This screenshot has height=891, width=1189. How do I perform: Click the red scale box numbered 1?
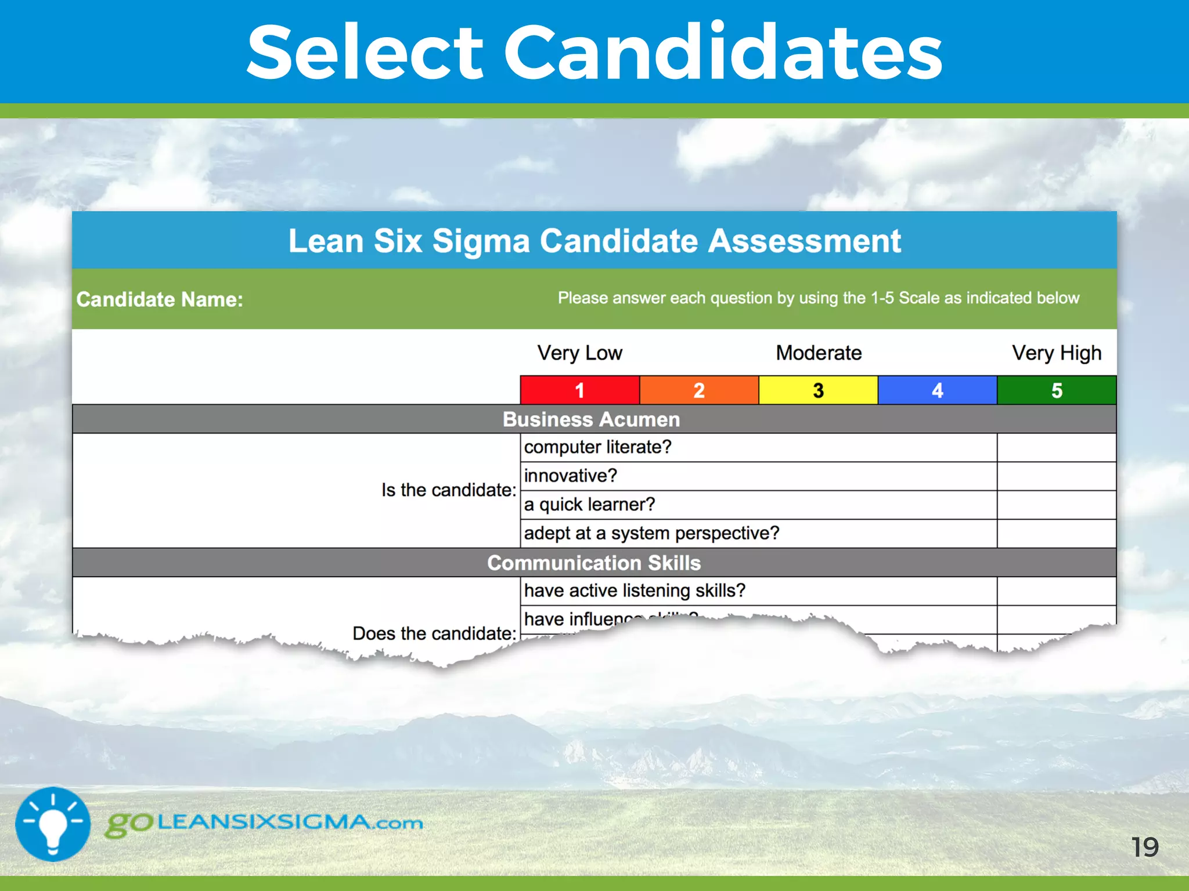click(x=579, y=390)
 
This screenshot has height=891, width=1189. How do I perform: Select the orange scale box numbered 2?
click(x=699, y=390)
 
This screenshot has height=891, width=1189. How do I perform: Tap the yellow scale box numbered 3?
click(x=818, y=390)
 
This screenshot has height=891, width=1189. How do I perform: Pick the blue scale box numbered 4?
click(x=937, y=390)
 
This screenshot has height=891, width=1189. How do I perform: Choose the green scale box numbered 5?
click(x=1057, y=390)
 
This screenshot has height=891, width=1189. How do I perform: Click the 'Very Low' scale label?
click(x=579, y=353)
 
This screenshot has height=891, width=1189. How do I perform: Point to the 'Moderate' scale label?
click(x=819, y=353)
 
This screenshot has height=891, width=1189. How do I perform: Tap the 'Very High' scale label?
click(x=1057, y=353)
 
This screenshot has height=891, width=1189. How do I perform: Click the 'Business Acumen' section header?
click(x=591, y=419)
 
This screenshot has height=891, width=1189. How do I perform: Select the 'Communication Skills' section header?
click(x=594, y=563)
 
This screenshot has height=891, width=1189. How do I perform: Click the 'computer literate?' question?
click(x=597, y=447)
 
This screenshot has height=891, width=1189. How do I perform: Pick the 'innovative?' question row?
click(x=570, y=476)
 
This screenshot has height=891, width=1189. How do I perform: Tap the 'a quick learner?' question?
click(x=589, y=505)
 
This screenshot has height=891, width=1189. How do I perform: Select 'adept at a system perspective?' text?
click(x=651, y=533)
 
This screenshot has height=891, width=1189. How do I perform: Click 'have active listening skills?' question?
click(x=635, y=591)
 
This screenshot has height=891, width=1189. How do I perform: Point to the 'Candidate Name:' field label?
click(x=160, y=299)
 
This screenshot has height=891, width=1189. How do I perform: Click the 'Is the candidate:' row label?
click(x=448, y=490)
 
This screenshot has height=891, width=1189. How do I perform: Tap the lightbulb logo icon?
click(x=53, y=824)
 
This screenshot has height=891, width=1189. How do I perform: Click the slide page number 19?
click(x=1144, y=847)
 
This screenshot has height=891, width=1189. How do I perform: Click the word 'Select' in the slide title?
click(x=365, y=53)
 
